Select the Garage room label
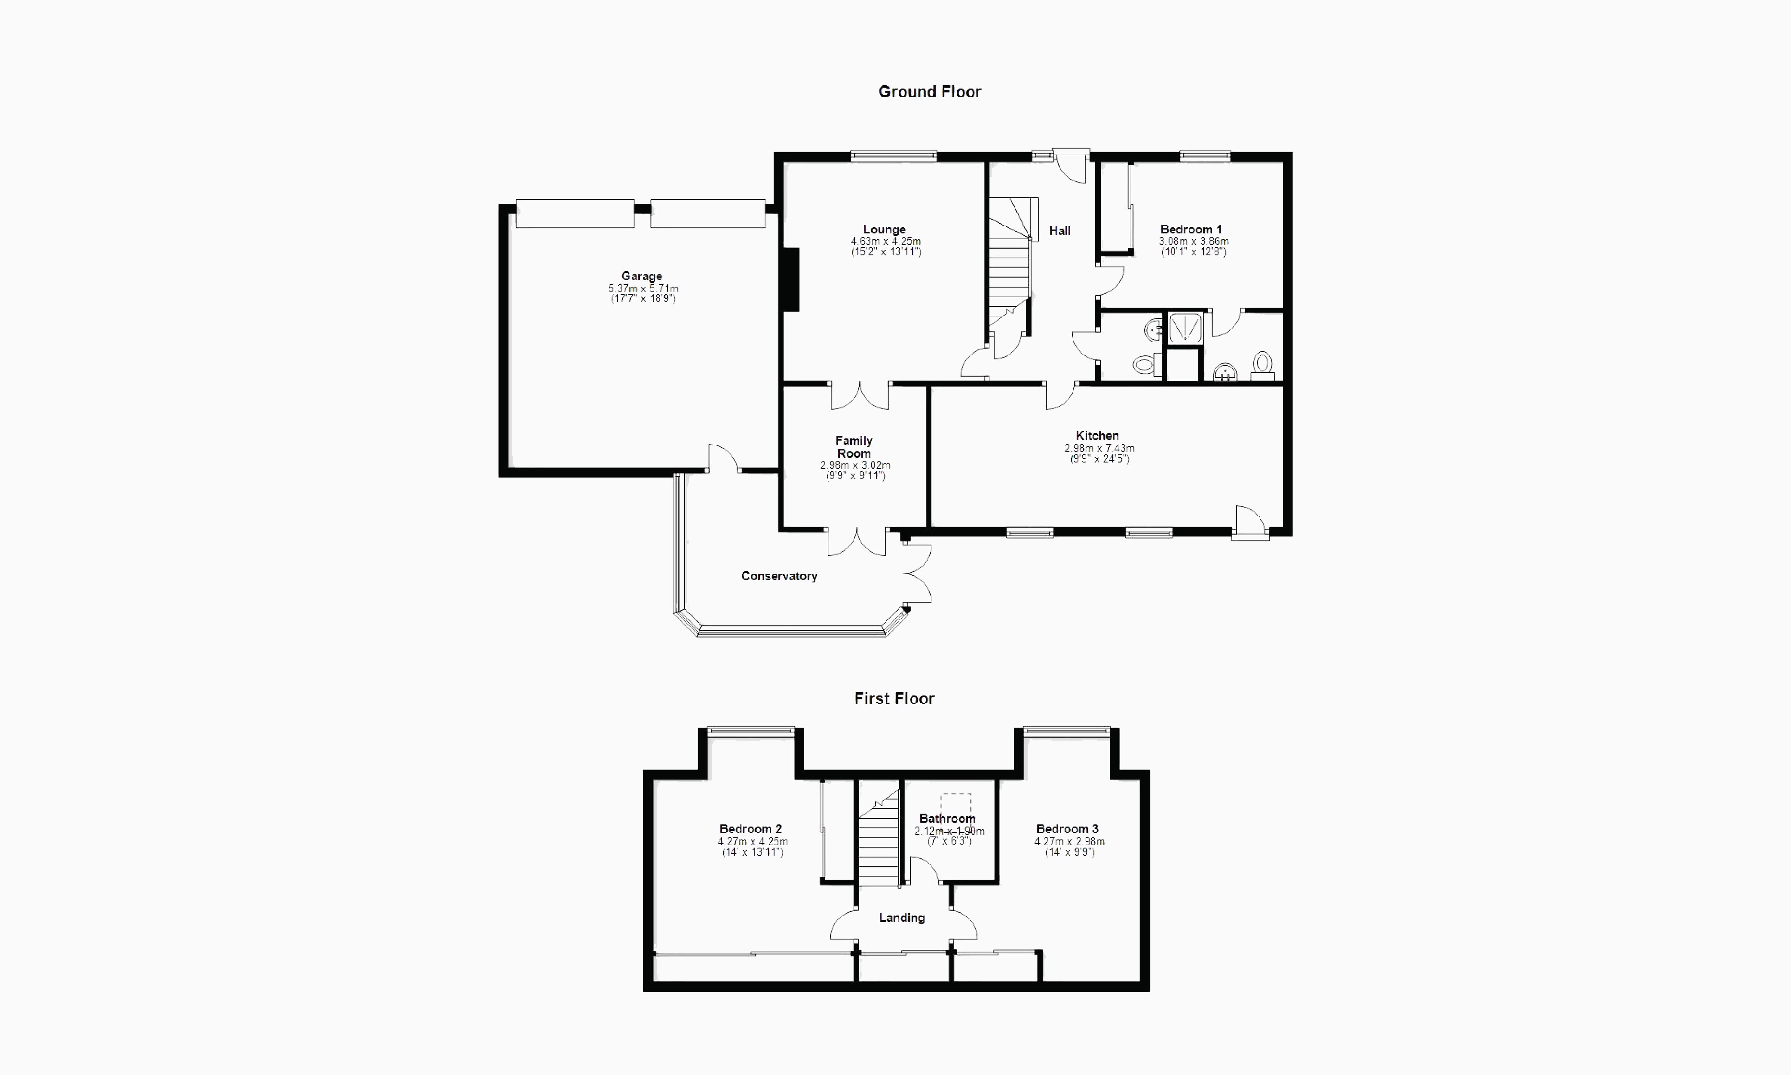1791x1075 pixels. click(x=642, y=276)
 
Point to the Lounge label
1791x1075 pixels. click(x=884, y=229)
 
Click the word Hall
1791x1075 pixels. click(x=1059, y=230)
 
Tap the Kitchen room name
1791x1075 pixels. click(x=1097, y=435)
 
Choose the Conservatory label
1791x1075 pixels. click(x=779, y=576)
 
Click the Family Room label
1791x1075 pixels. click(x=854, y=447)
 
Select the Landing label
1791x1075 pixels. click(x=902, y=918)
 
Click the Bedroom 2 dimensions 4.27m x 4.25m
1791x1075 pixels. click(x=753, y=842)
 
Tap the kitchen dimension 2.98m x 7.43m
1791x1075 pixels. click(x=1099, y=448)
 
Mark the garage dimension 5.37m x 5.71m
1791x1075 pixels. click(x=643, y=288)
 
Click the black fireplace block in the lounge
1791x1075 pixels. click(x=791, y=280)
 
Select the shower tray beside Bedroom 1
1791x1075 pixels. click(x=1185, y=328)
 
